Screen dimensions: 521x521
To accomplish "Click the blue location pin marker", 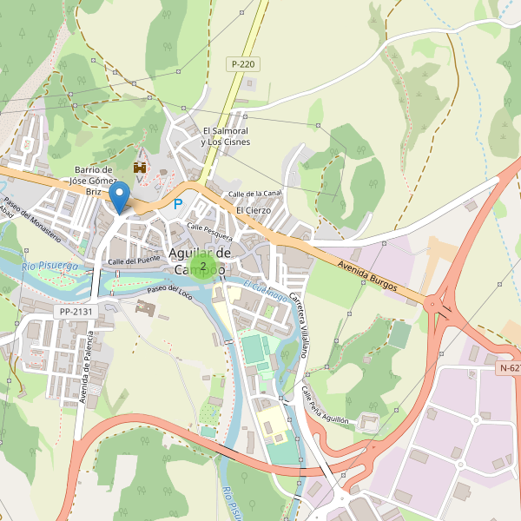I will click(121, 197).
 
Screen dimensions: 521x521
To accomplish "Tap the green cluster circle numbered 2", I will click(203, 266).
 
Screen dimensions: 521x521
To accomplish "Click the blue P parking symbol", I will click(179, 205).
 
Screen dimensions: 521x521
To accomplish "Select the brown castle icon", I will click(139, 166).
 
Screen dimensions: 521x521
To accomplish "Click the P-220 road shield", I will click(243, 64).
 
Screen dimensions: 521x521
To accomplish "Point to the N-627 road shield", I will click(509, 368).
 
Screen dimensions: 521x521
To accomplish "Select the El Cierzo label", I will click(254, 210).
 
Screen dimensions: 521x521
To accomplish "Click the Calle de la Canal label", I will click(254, 194).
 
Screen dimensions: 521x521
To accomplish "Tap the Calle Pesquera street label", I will click(209, 231).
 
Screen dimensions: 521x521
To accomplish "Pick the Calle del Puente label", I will click(135, 260).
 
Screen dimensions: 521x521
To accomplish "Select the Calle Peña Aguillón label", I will click(325, 405).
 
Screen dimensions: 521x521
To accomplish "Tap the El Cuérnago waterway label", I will click(265, 291).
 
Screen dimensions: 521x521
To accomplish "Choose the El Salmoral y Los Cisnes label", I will click(225, 136).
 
